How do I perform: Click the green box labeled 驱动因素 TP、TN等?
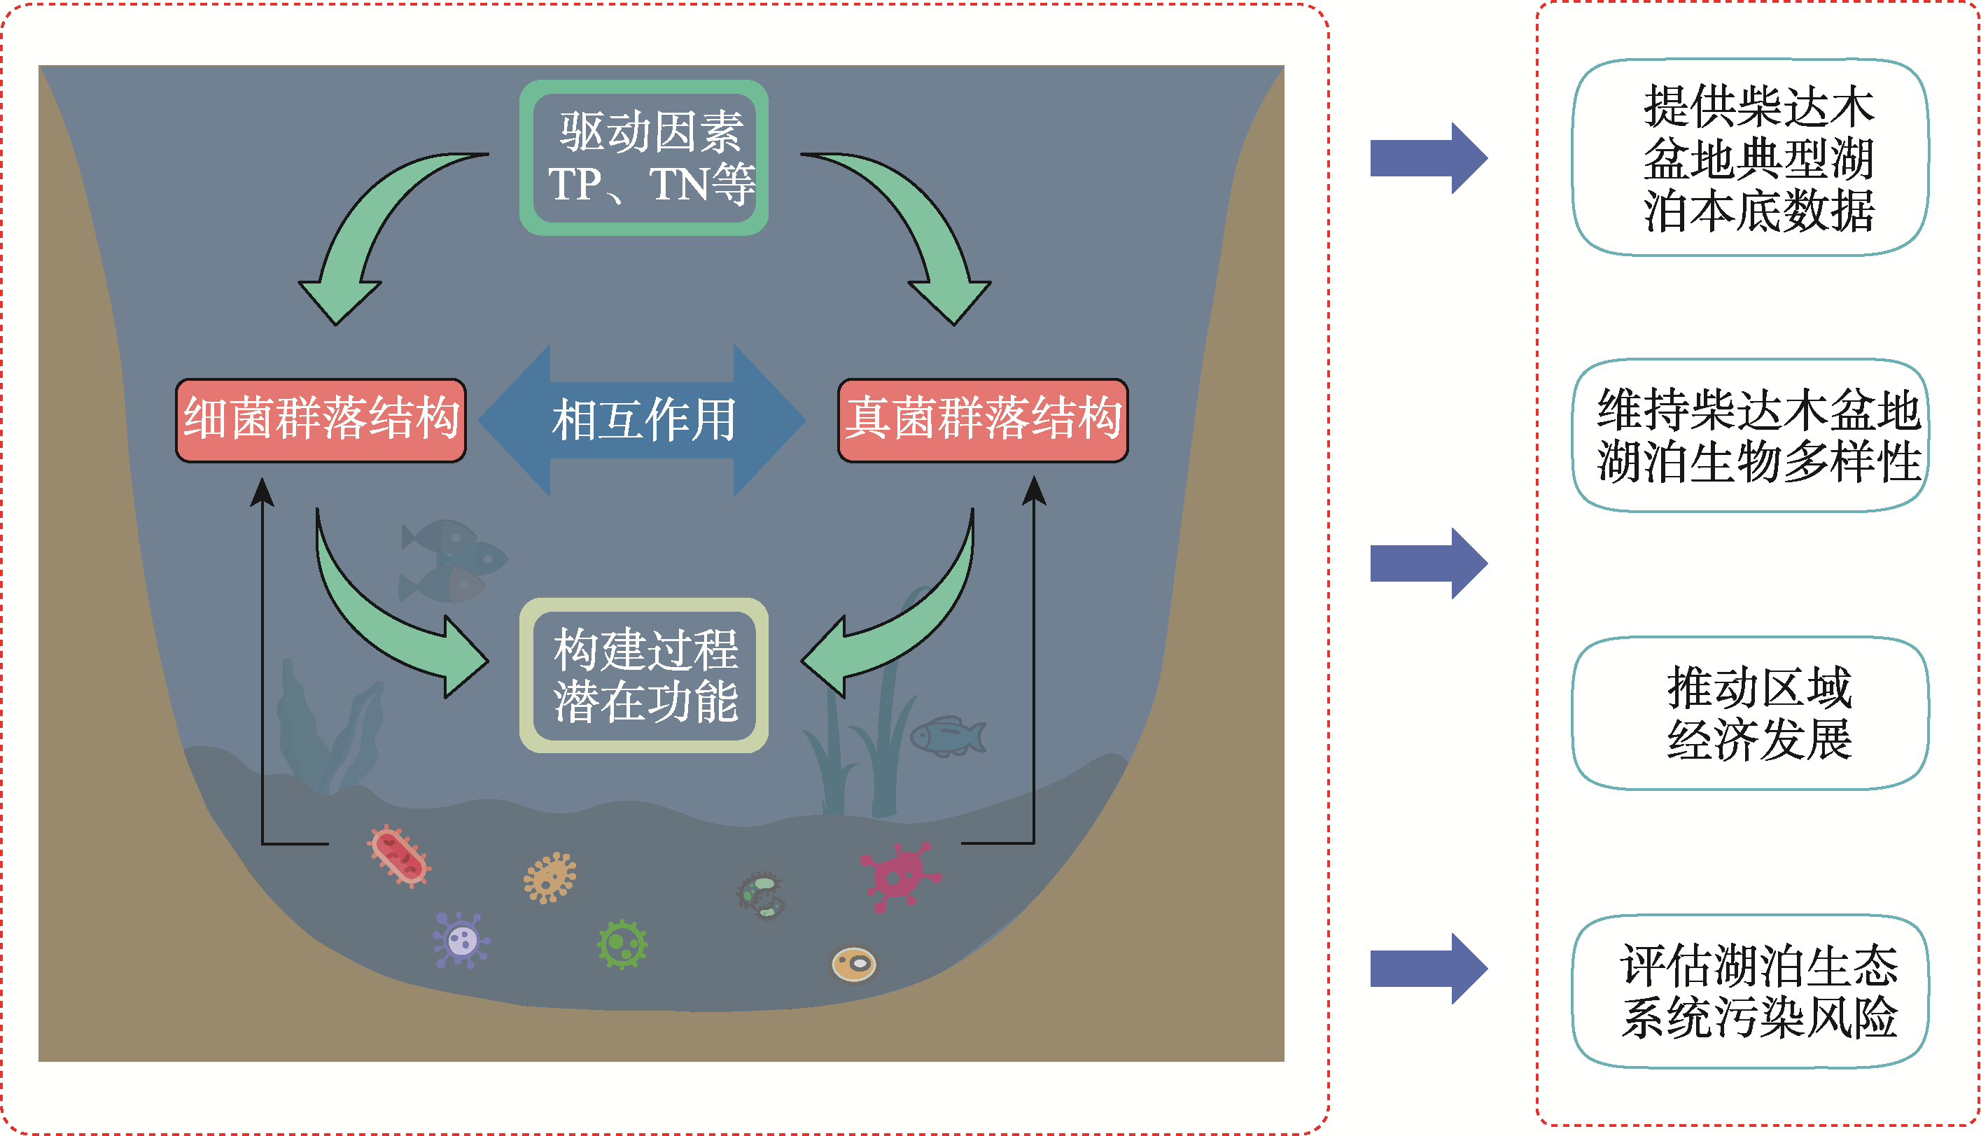644,157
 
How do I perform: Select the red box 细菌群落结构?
321,420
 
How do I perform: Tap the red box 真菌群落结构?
982,420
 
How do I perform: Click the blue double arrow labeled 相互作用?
641,420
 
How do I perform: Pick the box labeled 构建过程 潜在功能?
644,675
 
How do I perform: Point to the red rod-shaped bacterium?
400,856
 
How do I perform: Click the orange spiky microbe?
550,877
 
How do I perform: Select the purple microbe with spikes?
461,940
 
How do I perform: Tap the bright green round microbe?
622,944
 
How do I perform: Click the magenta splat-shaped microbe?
898,876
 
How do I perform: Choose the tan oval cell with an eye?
853,965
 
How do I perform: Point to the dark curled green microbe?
761,896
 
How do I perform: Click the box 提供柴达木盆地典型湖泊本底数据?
1749,157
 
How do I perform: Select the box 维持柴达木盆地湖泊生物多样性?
1749,435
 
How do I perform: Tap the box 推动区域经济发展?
1749,713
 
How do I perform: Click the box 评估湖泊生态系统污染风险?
1749,991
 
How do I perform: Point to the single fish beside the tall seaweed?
947,736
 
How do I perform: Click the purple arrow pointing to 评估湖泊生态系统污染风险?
1427,968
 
